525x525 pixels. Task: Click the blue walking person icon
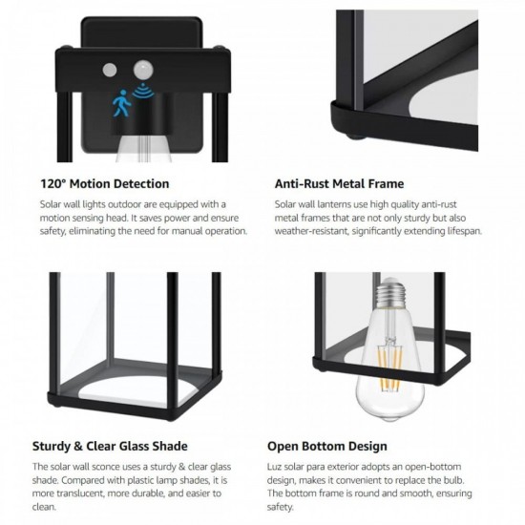122,103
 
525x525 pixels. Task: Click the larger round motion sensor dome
143,70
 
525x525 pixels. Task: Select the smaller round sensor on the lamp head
110,70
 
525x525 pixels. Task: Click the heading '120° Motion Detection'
105,184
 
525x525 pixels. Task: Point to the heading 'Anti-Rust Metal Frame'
339,184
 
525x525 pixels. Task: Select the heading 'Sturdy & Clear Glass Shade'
110,446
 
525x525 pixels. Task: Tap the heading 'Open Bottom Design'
327,447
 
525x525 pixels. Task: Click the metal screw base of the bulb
390,292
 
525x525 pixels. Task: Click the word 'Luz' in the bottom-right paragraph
273,467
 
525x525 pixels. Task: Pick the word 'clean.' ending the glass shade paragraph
44,507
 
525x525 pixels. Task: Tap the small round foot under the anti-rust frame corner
357,136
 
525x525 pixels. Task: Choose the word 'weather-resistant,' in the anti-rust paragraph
312,231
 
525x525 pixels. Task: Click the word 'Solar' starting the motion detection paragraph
50,204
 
